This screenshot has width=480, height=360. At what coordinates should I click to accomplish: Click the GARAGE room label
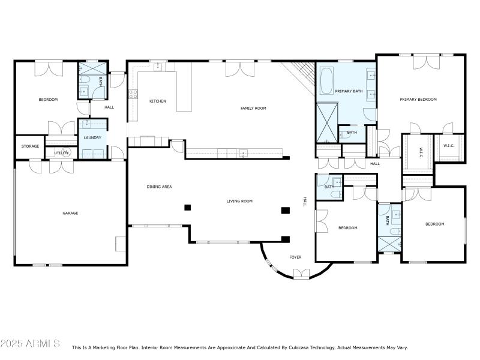[x=70, y=213]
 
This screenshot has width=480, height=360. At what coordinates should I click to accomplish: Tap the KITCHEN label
[x=158, y=101]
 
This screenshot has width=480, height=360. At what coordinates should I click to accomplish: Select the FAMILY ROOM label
[x=253, y=108]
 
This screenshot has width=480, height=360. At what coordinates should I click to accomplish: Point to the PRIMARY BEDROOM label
[x=418, y=99]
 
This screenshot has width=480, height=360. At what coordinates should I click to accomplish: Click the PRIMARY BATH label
[x=349, y=91]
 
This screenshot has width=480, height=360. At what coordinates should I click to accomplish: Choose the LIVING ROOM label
[x=239, y=201]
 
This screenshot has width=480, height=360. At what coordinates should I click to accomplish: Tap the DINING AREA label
[x=159, y=187]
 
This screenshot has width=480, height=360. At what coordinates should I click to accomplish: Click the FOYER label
[x=295, y=257]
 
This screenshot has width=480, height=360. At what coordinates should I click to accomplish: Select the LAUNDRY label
[x=92, y=137]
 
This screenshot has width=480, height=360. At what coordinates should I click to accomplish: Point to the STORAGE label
[x=31, y=146]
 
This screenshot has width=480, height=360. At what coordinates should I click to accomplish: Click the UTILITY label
[x=62, y=153]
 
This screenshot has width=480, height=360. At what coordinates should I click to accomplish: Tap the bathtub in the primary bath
[x=326, y=82]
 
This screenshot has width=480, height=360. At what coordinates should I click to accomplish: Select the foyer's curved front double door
[x=301, y=274]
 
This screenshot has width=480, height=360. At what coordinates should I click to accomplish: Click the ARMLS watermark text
[x=30, y=344]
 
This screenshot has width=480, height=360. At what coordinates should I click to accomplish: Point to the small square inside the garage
[x=121, y=243]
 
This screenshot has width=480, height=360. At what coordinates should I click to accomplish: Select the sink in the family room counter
[x=243, y=153]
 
